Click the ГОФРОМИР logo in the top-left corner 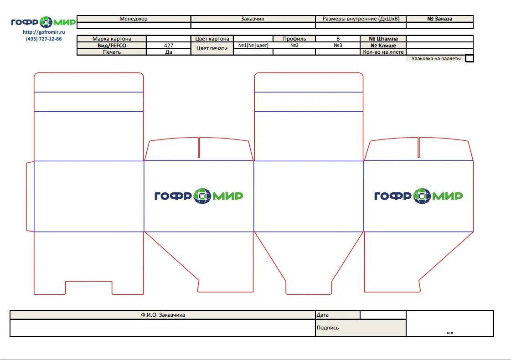pyautogui.click(x=43, y=22)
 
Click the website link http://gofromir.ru pyautogui.click(x=44, y=32)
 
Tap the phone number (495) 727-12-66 pyautogui.click(x=44, y=39)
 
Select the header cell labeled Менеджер pyautogui.click(x=134, y=19)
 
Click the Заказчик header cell pyautogui.click(x=253, y=19)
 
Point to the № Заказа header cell pyautogui.click(x=439, y=19)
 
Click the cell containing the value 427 pyautogui.click(x=168, y=46)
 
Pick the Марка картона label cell pyautogui.click(x=112, y=39)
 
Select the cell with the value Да pyautogui.click(x=168, y=52)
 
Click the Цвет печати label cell pyautogui.click(x=212, y=48)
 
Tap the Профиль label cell pyautogui.click(x=294, y=39)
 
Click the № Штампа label pyautogui.click(x=383, y=39)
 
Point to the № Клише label pyautogui.click(x=383, y=46)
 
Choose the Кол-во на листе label pyautogui.click(x=383, y=52)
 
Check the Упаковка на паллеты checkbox pyautogui.click(x=470, y=58)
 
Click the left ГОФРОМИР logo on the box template pyautogui.click(x=198, y=196)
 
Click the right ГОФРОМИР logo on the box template pyautogui.click(x=418, y=196)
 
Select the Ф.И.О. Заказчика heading pyautogui.click(x=163, y=315)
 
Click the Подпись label pyautogui.click(x=328, y=328)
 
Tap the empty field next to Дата pyautogui.click(x=382, y=315)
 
